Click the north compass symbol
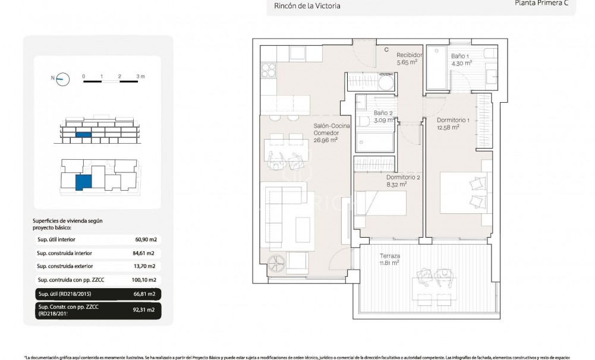point(62,78)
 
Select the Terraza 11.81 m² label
point(389,259)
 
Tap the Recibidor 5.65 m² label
point(409,58)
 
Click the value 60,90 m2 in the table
point(145,239)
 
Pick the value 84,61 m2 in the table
point(145,253)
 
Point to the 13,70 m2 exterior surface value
point(145,266)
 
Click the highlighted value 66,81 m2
point(145,293)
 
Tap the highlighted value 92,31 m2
point(145,310)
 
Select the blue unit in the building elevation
point(84,135)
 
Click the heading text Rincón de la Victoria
point(307,7)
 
